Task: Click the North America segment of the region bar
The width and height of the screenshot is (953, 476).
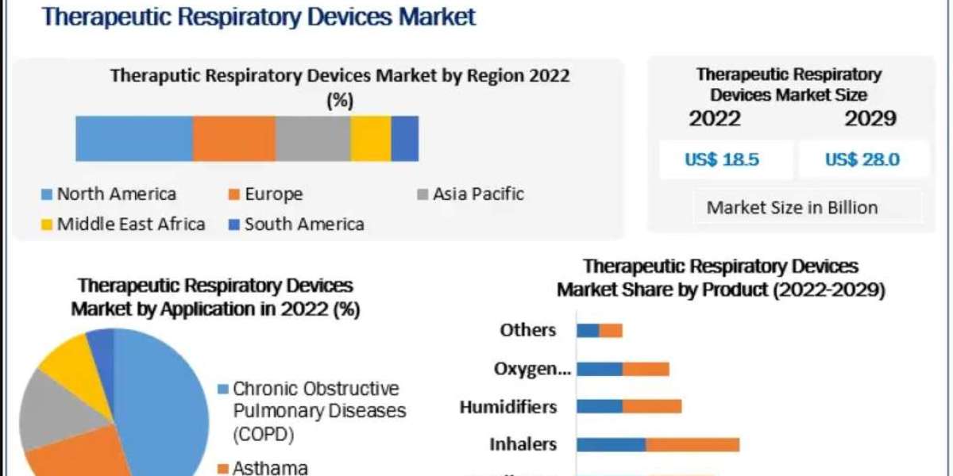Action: [x=133, y=138]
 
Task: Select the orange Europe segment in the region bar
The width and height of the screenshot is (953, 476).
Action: [x=233, y=138]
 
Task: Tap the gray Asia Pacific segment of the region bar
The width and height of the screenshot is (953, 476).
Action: [x=312, y=138]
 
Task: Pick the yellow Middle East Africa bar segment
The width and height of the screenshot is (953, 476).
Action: [x=370, y=138]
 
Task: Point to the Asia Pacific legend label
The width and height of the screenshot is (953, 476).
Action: [x=477, y=194]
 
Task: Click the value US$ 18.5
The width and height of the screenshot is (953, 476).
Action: [x=722, y=159]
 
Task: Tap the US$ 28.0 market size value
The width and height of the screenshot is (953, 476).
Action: [x=862, y=159]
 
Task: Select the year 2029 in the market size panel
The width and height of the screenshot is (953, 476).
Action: [x=870, y=119]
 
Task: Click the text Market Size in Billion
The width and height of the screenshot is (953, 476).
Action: [x=792, y=208]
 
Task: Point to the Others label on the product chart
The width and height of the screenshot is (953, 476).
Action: [x=528, y=330]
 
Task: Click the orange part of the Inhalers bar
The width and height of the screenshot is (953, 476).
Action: [x=692, y=444]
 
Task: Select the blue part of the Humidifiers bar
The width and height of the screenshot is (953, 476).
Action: [x=600, y=407]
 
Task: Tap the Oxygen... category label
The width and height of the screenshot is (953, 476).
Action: [x=531, y=369]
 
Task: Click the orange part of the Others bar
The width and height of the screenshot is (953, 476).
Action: [x=611, y=330]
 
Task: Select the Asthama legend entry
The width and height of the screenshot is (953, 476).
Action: [x=269, y=468]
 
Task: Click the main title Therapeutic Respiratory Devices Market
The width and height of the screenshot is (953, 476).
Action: [x=259, y=16]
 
